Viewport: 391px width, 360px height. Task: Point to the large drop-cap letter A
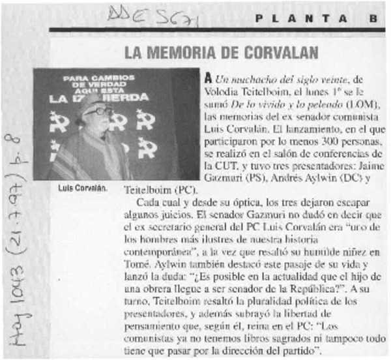208,77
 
